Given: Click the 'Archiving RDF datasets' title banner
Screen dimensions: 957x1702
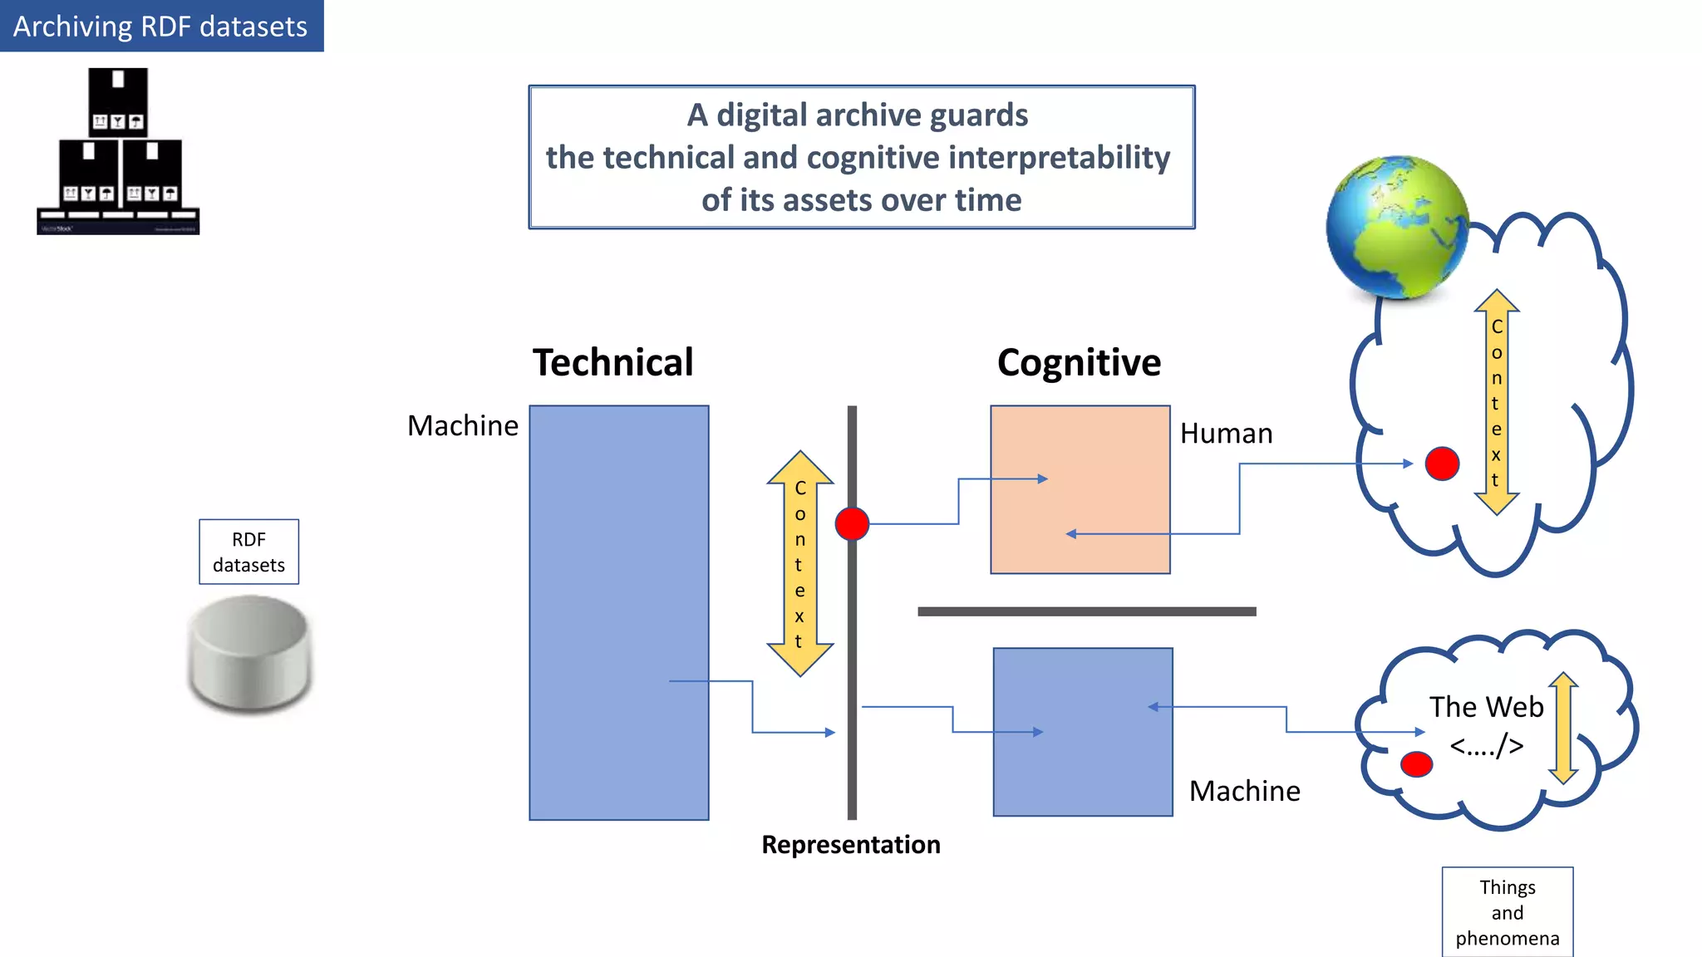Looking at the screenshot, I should coord(161,26).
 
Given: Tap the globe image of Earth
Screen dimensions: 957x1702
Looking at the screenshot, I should coord(1397,227).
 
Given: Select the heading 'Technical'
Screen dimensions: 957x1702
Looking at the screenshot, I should coord(612,363).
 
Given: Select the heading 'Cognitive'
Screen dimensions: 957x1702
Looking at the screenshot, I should coord(1079,363).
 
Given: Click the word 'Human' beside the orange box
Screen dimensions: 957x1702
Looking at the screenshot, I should coord(1226,434).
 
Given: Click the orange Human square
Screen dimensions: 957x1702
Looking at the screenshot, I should coord(1080,489).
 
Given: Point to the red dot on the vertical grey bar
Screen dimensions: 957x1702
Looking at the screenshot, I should coord(852,524).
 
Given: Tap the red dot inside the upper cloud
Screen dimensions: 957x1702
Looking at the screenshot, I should coord(1442,464).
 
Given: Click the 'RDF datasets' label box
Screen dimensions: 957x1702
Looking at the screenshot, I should coord(248,552).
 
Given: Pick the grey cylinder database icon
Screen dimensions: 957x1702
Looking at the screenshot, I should coord(249,654).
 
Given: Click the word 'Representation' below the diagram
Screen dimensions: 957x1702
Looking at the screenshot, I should coord(851,845).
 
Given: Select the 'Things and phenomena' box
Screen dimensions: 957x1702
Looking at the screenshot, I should coord(1507,912).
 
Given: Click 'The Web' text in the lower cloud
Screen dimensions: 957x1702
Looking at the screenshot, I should coord(1486,707).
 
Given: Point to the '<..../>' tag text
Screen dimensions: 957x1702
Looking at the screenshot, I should coord(1486,746).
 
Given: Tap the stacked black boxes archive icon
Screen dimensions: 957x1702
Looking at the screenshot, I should coord(118,151).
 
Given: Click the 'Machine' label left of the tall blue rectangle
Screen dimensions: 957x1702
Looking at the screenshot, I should coord(463,426).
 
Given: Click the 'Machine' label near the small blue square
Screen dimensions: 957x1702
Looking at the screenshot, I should coord(1244,791).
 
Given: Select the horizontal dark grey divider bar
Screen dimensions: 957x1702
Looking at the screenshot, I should coord(1086,611).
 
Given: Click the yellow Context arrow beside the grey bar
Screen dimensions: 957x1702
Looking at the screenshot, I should coord(799,563).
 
